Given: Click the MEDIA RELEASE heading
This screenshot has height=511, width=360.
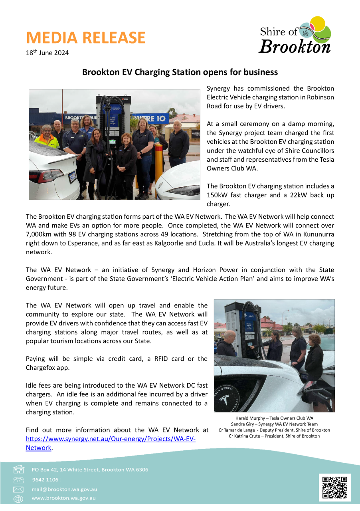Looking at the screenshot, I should click(x=85, y=38).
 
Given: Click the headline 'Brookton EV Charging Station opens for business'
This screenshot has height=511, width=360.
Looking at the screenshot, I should click(x=180, y=72).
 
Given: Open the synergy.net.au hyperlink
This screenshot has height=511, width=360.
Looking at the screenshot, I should click(x=111, y=439).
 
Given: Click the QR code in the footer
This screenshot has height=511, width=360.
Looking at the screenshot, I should click(x=334, y=487).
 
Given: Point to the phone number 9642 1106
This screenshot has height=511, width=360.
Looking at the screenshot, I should click(x=45, y=480).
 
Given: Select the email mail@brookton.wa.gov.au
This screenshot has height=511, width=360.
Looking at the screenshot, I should click(x=64, y=489).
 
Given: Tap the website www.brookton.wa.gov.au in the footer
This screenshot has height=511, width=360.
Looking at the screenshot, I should click(x=63, y=498).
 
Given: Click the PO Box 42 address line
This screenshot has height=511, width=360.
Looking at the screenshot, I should click(x=90, y=470).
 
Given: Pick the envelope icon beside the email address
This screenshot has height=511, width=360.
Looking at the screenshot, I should click(x=18, y=489).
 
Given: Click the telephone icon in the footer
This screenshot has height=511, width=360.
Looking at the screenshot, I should click(x=18, y=480).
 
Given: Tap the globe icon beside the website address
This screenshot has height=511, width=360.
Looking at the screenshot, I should click(x=18, y=499).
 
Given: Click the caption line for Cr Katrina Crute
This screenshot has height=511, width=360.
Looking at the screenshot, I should click(x=274, y=436).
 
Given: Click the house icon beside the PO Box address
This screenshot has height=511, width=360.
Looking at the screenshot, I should click(x=18, y=469).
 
